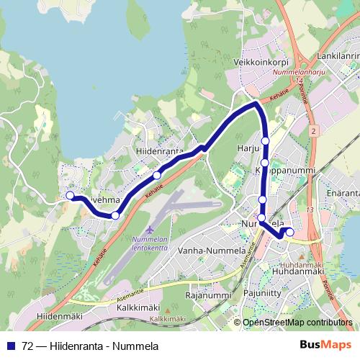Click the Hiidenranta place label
159,153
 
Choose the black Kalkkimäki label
138,307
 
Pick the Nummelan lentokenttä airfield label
150,243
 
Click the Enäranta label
343,194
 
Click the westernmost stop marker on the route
70,195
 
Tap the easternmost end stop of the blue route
290,232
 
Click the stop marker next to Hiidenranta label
157,175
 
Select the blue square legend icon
10,346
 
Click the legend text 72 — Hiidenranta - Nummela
90,346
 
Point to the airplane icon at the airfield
149,229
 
